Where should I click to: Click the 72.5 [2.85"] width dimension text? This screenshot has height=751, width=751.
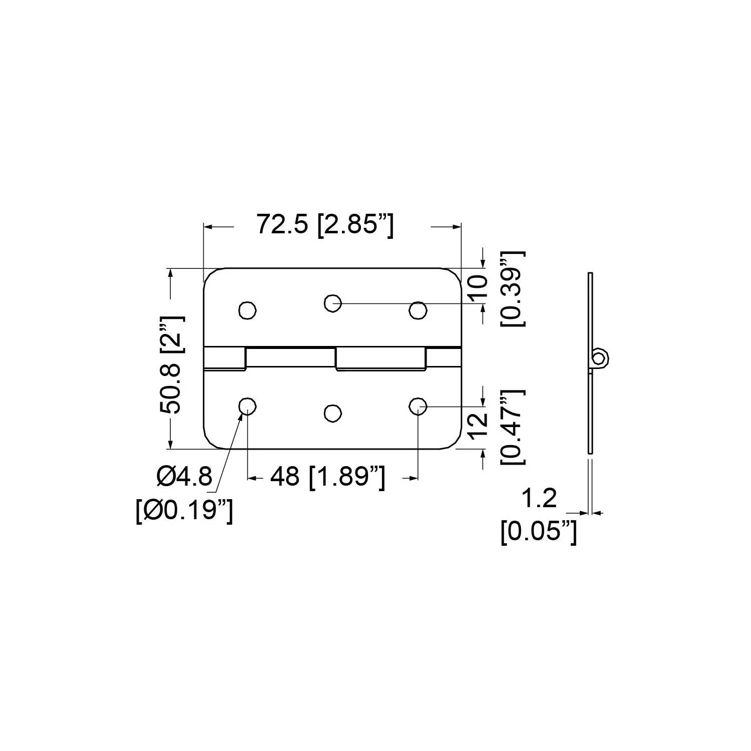click(325, 224)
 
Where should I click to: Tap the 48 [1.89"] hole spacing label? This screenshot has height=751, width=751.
click(328, 477)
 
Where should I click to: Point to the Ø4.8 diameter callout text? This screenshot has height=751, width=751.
click(184, 476)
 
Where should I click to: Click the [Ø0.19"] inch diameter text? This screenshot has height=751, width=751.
click(184, 512)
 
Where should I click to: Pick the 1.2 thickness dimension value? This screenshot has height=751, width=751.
click(539, 498)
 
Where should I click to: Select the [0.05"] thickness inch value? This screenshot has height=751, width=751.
click(539, 532)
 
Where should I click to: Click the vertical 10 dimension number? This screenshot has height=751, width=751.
click(478, 286)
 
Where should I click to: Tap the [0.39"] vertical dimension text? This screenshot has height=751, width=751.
click(513, 289)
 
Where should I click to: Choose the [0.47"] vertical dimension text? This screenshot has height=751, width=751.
click(513, 427)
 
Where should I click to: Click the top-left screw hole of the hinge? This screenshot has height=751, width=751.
click(247, 310)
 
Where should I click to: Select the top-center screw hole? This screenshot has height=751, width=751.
click(332, 302)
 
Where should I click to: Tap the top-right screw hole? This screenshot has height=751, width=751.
click(418, 310)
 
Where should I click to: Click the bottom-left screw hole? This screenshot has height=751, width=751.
click(247, 406)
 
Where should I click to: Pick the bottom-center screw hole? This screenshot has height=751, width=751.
click(332, 413)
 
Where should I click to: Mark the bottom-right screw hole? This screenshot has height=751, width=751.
click(418, 406)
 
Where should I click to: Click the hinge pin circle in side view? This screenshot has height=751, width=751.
click(598, 357)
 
